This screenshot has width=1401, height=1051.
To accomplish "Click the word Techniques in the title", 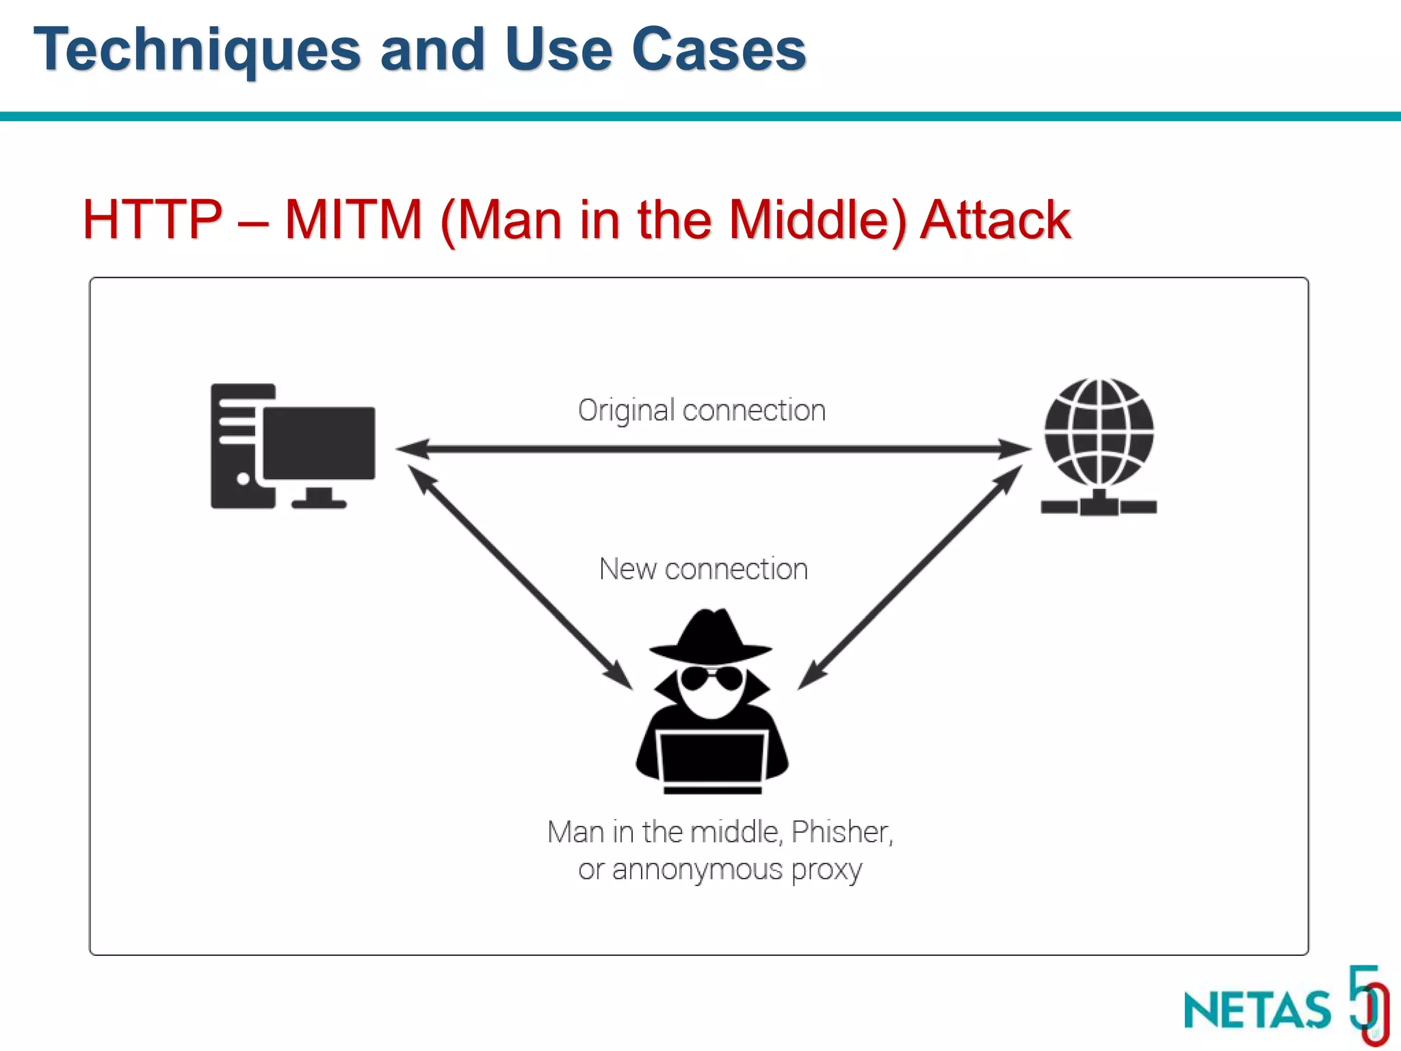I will [197, 49].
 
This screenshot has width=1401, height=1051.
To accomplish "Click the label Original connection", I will [702, 411].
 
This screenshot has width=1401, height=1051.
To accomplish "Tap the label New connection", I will [703, 569].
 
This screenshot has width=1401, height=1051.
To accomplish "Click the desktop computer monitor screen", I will [319, 443].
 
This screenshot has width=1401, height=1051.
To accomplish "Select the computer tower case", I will [236, 445].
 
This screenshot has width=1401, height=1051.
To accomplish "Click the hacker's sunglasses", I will [711, 678].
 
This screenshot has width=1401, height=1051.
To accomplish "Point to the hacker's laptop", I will [711, 758].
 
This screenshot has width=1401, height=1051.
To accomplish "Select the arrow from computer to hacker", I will [520, 576].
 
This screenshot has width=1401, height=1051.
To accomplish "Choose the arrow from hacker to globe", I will [910, 576].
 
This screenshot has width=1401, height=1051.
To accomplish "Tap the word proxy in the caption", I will [826, 870].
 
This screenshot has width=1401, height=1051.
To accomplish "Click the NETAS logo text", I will [1257, 1010].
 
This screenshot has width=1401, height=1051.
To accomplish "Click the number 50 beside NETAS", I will [1368, 1002].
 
